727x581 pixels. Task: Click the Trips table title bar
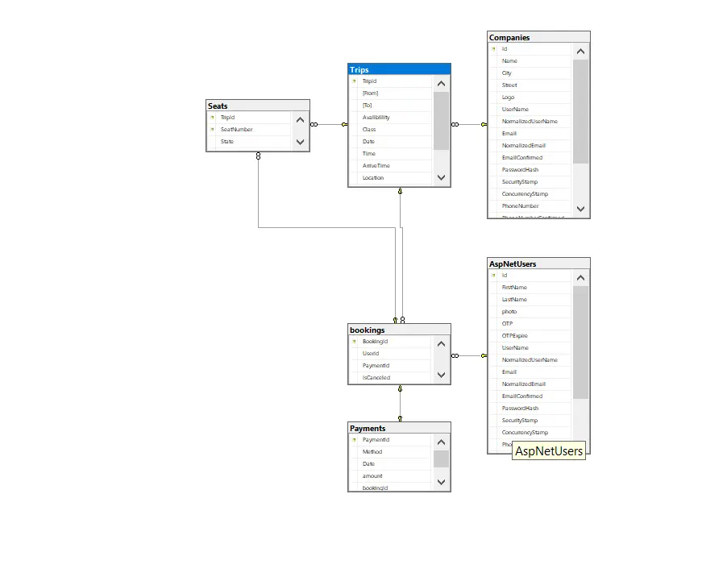point(399,70)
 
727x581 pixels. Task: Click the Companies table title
point(538,37)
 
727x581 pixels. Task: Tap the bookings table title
point(399,330)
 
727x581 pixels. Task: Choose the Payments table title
point(399,428)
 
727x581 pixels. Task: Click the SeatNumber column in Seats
point(236,129)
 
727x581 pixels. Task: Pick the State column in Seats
point(227,141)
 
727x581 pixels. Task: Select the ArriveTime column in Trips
point(376,165)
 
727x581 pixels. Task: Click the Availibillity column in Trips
point(378,117)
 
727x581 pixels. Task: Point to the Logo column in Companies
point(508,97)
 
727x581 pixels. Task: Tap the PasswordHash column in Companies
point(520,169)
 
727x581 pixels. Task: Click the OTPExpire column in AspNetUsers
point(514,335)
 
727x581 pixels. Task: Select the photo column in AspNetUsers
point(509,311)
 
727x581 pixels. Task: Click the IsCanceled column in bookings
point(376,377)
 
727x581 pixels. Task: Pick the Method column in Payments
point(372,451)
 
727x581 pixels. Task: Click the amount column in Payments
point(372,475)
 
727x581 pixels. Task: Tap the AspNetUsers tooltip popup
point(549,451)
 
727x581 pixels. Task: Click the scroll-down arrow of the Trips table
point(441,177)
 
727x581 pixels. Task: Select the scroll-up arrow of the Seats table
point(300,120)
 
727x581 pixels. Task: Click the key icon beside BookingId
point(354,342)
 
